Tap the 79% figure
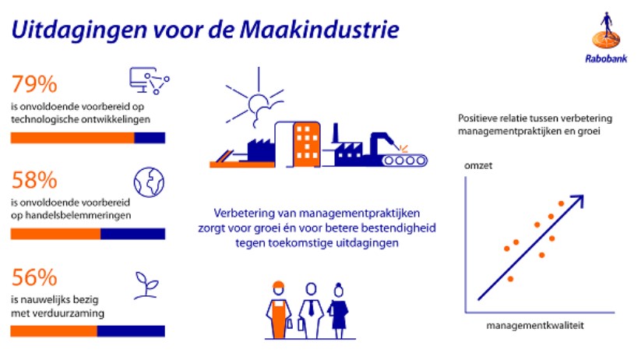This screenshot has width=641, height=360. (x=34, y=84)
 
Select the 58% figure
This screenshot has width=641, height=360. (x=34, y=180)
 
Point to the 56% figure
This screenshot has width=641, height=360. (x=34, y=277)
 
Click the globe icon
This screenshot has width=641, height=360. (x=149, y=182)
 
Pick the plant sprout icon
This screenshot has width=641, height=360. (x=146, y=285)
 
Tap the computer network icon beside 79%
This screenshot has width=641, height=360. (x=150, y=80)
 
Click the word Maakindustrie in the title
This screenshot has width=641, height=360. (x=319, y=30)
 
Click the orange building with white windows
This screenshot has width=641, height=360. (x=306, y=144)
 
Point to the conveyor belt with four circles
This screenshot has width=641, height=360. (x=405, y=161)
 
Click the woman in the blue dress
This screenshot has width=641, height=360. (x=339, y=310)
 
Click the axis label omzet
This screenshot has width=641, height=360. (x=478, y=166)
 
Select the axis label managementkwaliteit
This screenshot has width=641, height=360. (x=535, y=326)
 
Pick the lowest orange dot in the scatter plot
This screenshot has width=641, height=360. (x=510, y=279)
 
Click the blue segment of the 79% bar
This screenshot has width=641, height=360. (x=150, y=138)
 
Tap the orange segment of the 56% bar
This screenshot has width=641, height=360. (x=54, y=331)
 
